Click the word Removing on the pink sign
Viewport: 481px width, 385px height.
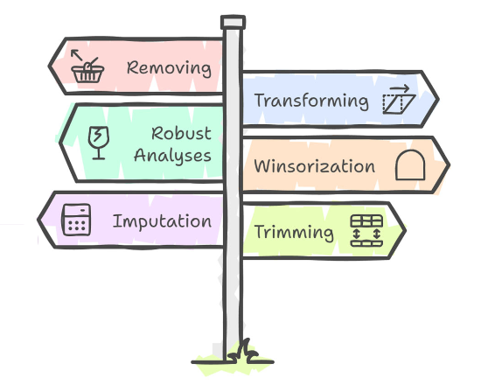(169, 68)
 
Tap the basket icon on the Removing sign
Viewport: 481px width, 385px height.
(87, 71)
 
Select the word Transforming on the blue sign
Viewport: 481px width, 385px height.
(311, 101)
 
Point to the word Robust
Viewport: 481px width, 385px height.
(181, 134)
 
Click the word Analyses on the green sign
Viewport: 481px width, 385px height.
(172, 156)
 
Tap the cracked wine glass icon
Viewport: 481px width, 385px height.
(99, 143)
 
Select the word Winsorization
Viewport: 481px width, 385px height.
(315, 166)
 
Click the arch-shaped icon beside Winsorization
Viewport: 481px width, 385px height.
(410, 164)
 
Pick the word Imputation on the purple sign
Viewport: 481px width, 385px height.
(162, 221)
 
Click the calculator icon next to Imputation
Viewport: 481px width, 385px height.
(76, 220)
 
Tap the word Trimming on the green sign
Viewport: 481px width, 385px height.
(294, 232)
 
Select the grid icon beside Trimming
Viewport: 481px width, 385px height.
(366, 231)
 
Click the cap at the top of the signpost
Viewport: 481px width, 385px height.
(233, 22)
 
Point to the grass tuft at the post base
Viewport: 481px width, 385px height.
(242, 352)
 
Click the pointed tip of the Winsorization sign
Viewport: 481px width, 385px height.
(450, 165)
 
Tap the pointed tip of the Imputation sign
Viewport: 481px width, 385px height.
(38, 220)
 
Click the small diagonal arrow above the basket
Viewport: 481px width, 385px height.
(77, 55)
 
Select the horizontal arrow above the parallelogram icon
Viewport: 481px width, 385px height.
(400, 88)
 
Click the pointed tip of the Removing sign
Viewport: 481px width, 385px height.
(49, 66)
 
